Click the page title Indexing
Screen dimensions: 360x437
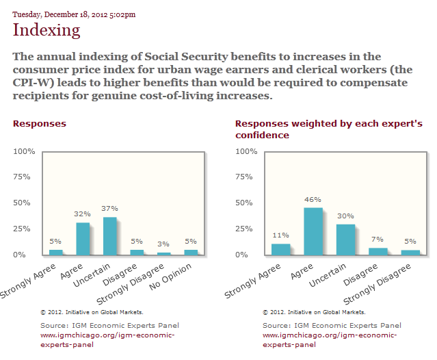click(47, 30)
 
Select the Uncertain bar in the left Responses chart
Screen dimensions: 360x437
click(109, 236)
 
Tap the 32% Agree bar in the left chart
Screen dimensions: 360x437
click(82, 239)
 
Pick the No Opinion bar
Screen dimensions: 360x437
click(191, 253)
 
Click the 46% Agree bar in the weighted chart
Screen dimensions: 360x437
click(313, 231)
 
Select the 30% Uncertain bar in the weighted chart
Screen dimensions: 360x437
click(345, 240)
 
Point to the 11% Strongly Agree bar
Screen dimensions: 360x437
click(280, 249)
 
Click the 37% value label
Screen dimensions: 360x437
click(109, 208)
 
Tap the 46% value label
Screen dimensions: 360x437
click(313, 199)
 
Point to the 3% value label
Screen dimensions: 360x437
click(163, 244)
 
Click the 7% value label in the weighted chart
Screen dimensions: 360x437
click(378, 239)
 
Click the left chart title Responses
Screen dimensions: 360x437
click(40, 124)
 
